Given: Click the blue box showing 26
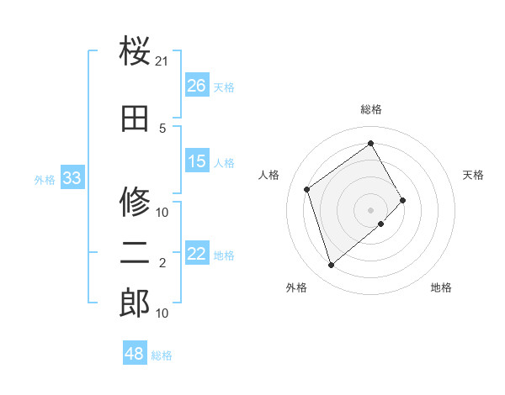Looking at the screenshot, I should click(197, 85).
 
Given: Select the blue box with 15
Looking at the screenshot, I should click(197, 161).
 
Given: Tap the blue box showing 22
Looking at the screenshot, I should click(197, 254).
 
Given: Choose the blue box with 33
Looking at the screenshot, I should click(72, 178).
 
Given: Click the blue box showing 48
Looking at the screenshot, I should click(135, 354).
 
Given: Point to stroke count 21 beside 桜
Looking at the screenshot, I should click(162, 61).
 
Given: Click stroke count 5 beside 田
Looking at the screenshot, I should click(162, 128).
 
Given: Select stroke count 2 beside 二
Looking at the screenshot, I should click(162, 263).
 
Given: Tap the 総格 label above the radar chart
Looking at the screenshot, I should click(371, 109).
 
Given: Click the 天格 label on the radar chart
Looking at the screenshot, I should click(474, 175).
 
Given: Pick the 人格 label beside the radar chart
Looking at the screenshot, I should click(269, 175).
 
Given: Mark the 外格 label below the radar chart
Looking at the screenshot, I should click(296, 288).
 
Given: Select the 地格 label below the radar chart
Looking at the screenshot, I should click(441, 288).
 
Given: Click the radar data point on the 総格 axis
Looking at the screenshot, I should click(371, 144).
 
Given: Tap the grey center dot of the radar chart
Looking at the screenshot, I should click(370, 208).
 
